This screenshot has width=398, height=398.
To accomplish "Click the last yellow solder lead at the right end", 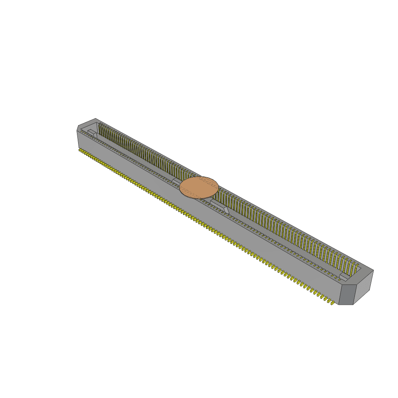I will [x=332, y=302].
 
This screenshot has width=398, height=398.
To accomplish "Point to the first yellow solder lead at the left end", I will [x=80, y=149].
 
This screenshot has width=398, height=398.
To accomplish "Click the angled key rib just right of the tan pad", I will [x=226, y=209].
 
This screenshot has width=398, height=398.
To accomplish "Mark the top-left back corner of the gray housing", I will [x=96, y=119].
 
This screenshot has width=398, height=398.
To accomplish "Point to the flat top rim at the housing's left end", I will [x=86, y=125].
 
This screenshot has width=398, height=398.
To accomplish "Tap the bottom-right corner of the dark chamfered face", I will [x=353, y=304].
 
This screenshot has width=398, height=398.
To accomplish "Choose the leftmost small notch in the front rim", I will [x=82, y=132].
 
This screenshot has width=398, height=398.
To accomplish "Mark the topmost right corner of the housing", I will [x=373, y=270].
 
